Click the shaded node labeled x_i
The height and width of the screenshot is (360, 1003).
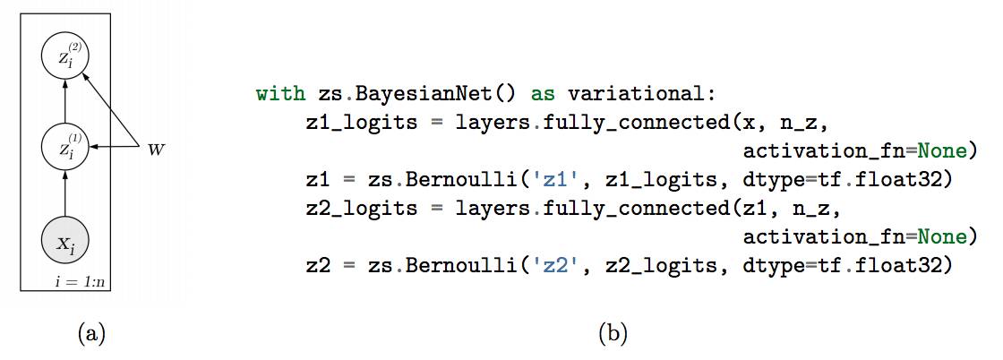click(65, 241)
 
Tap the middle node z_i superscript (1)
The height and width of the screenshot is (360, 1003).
click(65, 147)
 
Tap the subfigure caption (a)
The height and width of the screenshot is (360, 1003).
click(92, 335)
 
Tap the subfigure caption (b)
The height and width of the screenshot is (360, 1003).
click(613, 335)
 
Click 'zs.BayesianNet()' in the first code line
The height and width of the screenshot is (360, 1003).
click(417, 93)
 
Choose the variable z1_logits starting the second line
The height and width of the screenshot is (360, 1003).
click(362, 122)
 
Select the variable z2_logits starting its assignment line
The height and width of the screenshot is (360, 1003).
click(362, 208)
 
